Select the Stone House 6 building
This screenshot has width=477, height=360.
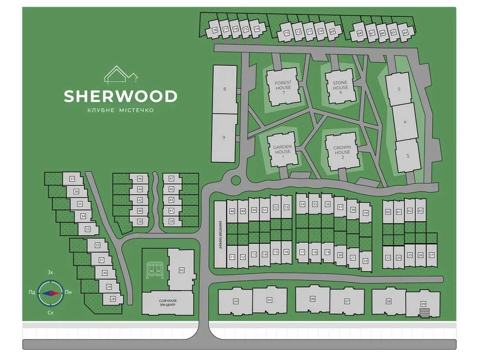point(340,85)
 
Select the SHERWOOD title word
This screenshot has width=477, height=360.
point(121,96)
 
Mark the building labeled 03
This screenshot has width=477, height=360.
point(181,270)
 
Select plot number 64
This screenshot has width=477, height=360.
point(405,32)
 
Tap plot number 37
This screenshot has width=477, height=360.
point(72,179)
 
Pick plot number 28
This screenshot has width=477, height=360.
point(113,298)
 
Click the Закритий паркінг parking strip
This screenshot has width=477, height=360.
point(219,234)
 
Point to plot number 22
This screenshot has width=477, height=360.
point(365,261)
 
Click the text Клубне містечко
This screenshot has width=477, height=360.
point(121,111)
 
